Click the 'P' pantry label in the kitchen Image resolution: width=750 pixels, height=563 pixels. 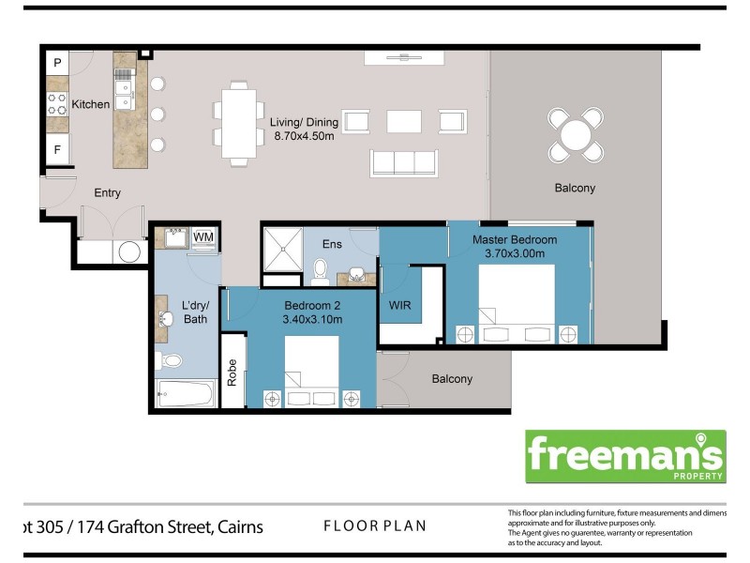58,64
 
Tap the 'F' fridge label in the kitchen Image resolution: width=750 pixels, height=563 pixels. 58,149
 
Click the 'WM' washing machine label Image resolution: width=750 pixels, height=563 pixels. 202,237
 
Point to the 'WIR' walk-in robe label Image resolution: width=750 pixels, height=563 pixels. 399,305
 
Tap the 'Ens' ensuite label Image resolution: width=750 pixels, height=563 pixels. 331,244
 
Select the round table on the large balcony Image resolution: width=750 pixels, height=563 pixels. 576,134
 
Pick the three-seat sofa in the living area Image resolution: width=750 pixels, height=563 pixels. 403,162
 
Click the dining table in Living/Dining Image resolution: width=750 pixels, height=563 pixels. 239,123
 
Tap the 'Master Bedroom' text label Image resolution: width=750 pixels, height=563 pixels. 514,240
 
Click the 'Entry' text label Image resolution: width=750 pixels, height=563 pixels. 107,193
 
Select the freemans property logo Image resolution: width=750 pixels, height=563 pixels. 624,456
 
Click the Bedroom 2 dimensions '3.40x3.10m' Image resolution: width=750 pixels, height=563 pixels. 312,319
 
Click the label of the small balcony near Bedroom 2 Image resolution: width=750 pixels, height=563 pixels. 452,379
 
